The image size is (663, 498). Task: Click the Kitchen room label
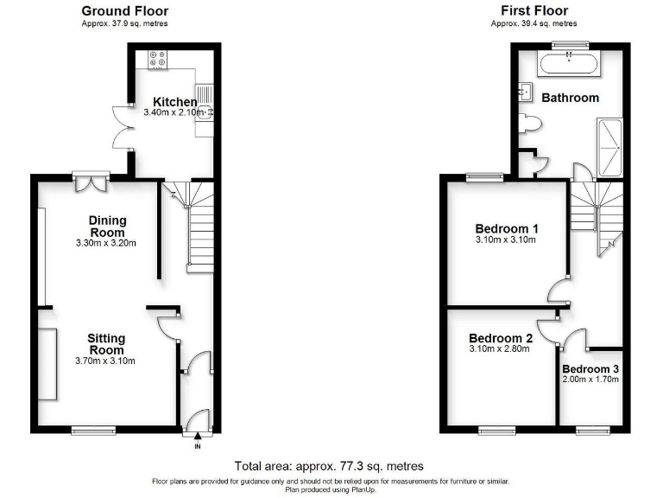tap(174, 102)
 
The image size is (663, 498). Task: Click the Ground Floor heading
tap(125, 11)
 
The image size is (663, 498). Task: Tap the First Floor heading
tap(534, 11)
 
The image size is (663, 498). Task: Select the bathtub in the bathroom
tap(568, 63)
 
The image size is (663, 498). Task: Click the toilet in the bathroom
tap(530, 126)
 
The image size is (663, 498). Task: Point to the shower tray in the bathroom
tap(610, 147)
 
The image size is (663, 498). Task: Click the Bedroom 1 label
tap(507, 228)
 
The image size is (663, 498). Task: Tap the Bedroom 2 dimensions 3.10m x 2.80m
tap(501, 350)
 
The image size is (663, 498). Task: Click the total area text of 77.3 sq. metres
tap(329, 466)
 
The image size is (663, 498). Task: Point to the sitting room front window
tap(92, 429)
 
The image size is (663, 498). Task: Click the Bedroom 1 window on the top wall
tap(484, 177)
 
